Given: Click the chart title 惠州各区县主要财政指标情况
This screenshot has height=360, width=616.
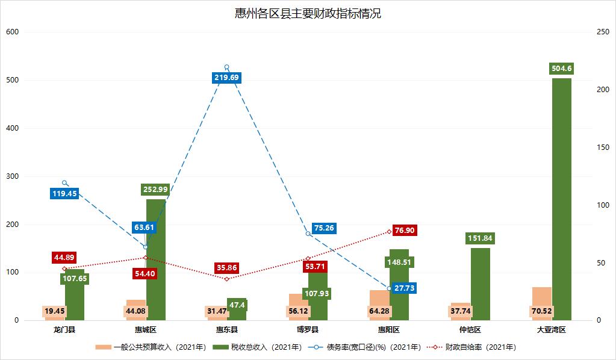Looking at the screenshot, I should (308, 13).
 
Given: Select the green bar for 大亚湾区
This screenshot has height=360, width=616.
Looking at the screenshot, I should (561, 199).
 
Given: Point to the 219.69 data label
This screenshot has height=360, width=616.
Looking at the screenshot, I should (226, 78).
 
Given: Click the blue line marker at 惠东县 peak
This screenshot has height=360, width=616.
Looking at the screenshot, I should (227, 67).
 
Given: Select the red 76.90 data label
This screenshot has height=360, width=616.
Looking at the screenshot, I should (404, 231).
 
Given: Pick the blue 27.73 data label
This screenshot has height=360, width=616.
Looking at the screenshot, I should (404, 288).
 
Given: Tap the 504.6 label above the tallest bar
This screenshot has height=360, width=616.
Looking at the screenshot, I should (561, 69).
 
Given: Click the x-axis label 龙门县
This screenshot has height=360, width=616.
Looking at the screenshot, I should (64, 330).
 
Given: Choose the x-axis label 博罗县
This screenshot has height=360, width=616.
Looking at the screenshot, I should (308, 330).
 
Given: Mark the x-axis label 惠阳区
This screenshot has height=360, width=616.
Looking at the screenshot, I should (389, 330).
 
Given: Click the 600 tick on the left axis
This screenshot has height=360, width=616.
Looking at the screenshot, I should (13, 32).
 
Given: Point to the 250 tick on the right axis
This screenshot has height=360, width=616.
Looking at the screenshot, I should (602, 32).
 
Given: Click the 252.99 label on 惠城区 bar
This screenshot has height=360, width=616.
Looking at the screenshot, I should (155, 190).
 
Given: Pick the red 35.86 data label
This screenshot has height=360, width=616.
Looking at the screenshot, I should (226, 267).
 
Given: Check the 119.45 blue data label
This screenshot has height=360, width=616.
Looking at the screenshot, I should (64, 194).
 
